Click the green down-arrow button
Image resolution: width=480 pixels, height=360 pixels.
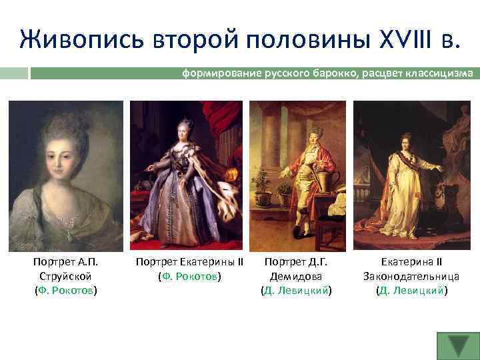[458, 345]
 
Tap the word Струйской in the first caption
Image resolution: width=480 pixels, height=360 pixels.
[65, 276]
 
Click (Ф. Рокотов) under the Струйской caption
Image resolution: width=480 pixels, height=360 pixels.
[65, 290]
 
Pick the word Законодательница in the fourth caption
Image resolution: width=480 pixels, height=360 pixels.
[411, 276]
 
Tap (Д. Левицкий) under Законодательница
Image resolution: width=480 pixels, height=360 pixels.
[411, 290]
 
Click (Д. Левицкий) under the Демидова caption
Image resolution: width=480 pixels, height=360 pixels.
[296, 290]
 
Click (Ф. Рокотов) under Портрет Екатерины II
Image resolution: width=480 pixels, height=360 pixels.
[189, 276]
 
